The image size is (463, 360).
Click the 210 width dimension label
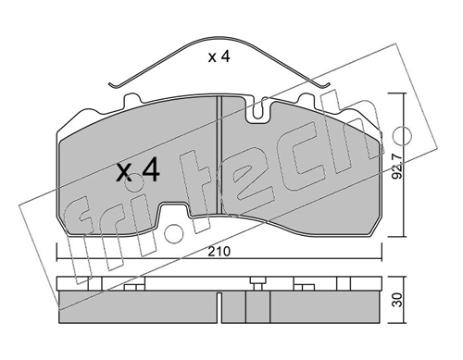219,252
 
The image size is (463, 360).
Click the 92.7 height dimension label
397,167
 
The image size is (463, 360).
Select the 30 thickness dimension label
398,300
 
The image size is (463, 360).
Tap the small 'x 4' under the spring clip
219,57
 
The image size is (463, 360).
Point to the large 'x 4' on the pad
138,169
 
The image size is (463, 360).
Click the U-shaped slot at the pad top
259,110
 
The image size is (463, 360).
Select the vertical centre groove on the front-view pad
219,155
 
